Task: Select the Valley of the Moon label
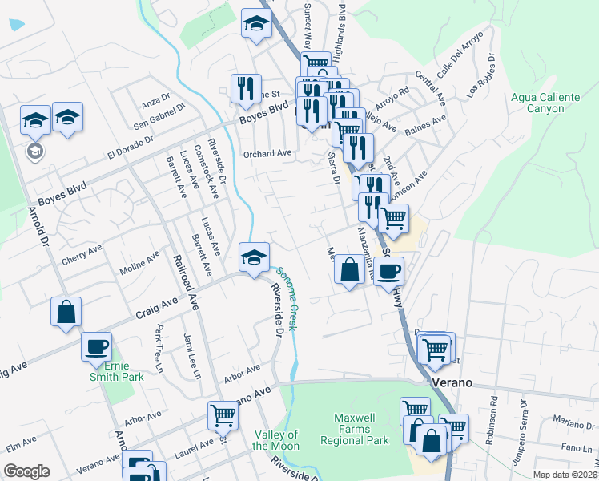click(276, 440)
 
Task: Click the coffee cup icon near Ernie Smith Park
click(97, 346)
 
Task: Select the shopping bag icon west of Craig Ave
click(66, 312)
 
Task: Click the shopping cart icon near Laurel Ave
click(223, 414)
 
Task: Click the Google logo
click(27, 471)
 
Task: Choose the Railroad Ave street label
click(186, 281)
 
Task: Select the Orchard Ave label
click(267, 153)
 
